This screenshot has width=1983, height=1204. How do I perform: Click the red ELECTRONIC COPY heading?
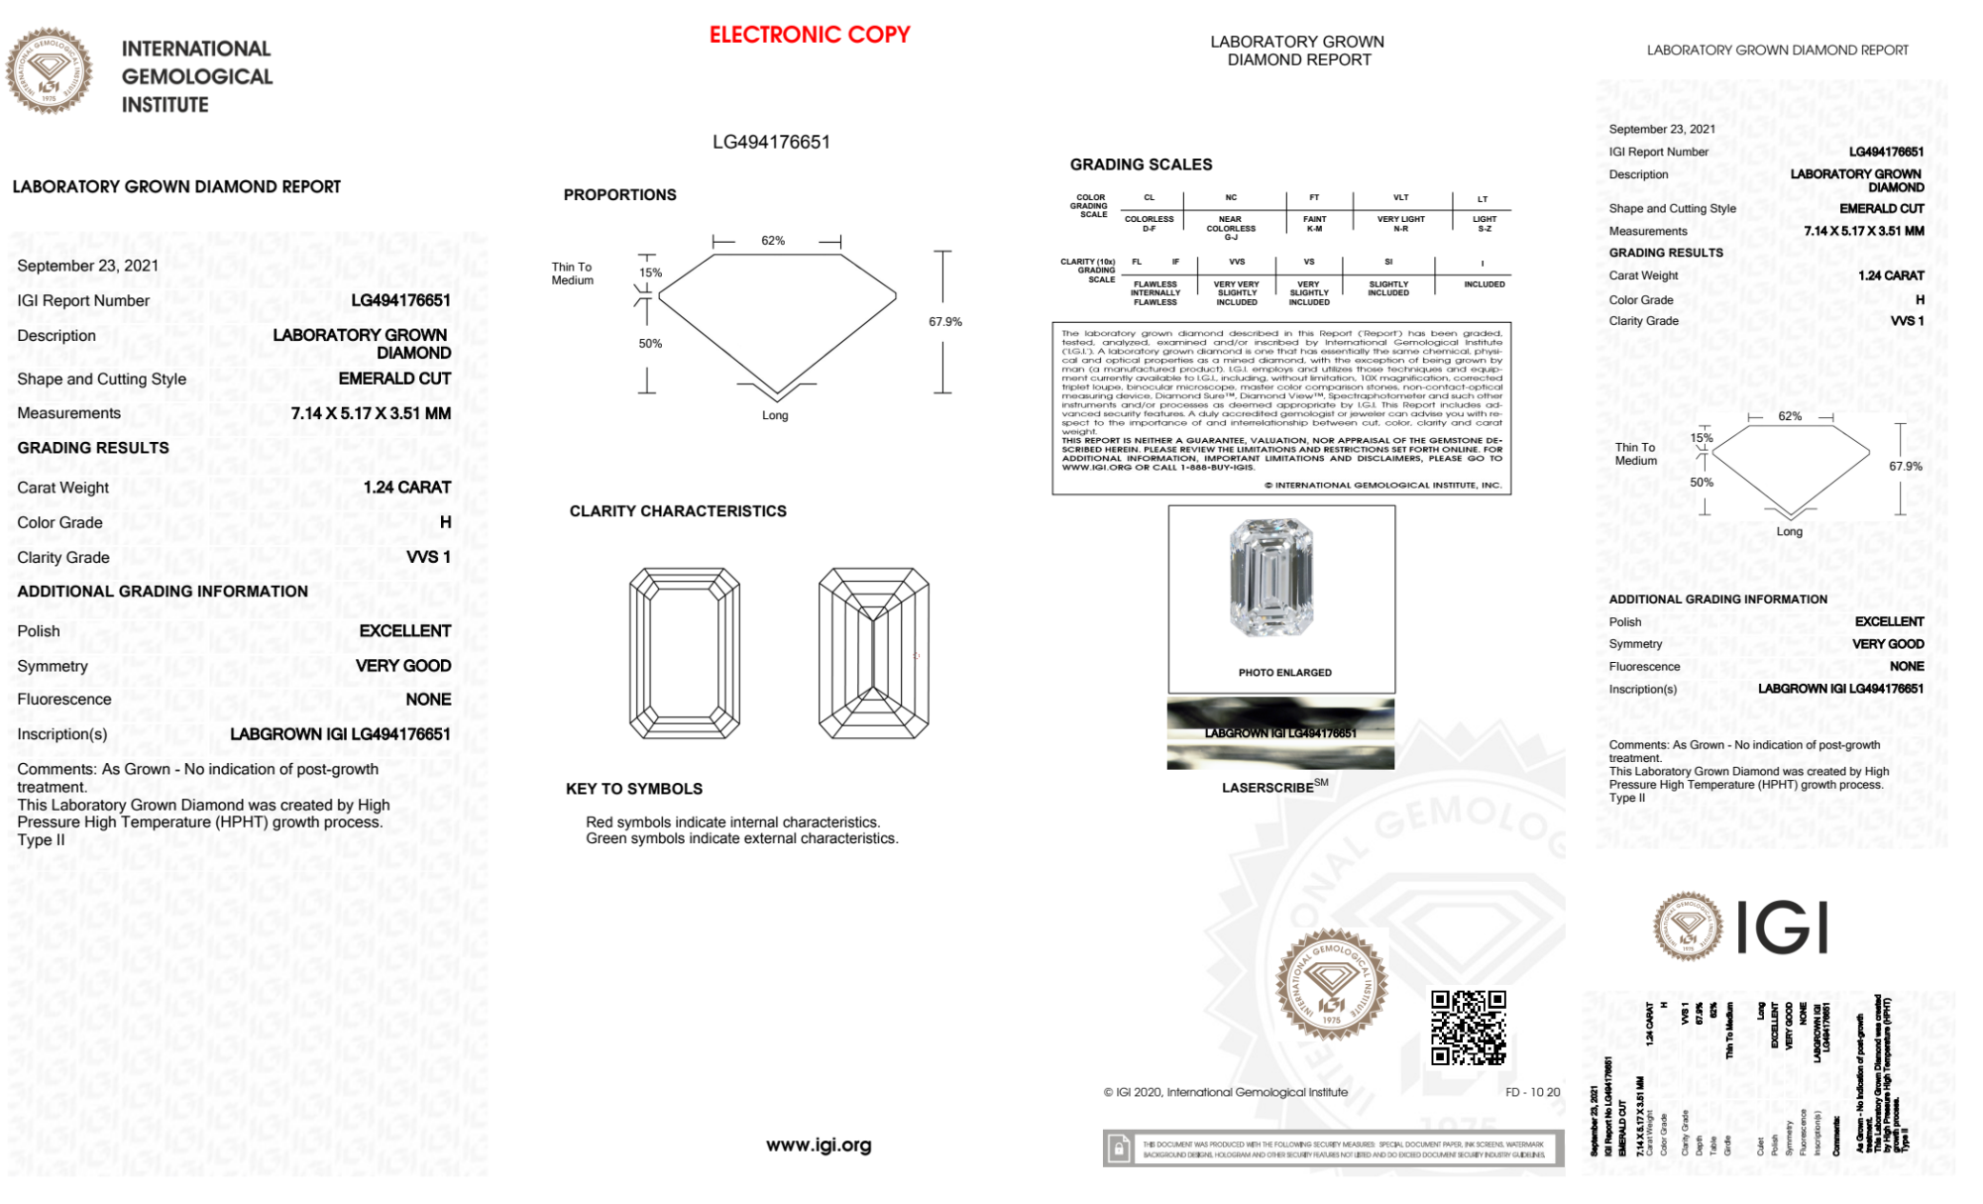click(x=809, y=35)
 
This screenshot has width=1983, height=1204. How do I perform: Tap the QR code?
click(x=1468, y=1028)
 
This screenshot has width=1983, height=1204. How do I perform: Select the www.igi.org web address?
click(x=819, y=1146)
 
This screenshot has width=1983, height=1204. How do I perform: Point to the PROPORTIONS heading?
click(x=619, y=195)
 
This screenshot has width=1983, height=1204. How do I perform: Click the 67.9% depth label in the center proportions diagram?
click(x=944, y=322)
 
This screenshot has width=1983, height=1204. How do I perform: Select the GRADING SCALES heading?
click(x=1141, y=164)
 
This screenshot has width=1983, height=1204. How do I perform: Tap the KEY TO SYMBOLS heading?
click(x=633, y=789)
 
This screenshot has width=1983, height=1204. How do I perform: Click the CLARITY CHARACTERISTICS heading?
click(x=678, y=511)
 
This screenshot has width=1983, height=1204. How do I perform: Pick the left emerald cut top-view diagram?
click(x=685, y=653)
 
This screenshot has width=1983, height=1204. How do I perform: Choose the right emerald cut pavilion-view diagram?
click(x=873, y=653)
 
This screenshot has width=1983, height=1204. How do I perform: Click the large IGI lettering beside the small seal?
click(x=1783, y=929)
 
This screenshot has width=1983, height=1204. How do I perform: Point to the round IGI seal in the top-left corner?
click(x=49, y=71)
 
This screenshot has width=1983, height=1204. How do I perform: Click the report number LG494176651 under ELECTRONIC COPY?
click(x=771, y=142)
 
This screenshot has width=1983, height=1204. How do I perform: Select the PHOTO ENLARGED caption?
click(x=1284, y=673)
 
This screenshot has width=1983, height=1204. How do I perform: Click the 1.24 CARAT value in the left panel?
click(x=406, y=488)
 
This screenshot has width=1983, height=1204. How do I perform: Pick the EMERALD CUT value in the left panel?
click(x=394, y=379)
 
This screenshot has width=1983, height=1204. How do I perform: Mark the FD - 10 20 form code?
click(x=1532, y=1092)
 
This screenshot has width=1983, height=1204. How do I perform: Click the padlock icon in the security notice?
click(x=1119, y=1149)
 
